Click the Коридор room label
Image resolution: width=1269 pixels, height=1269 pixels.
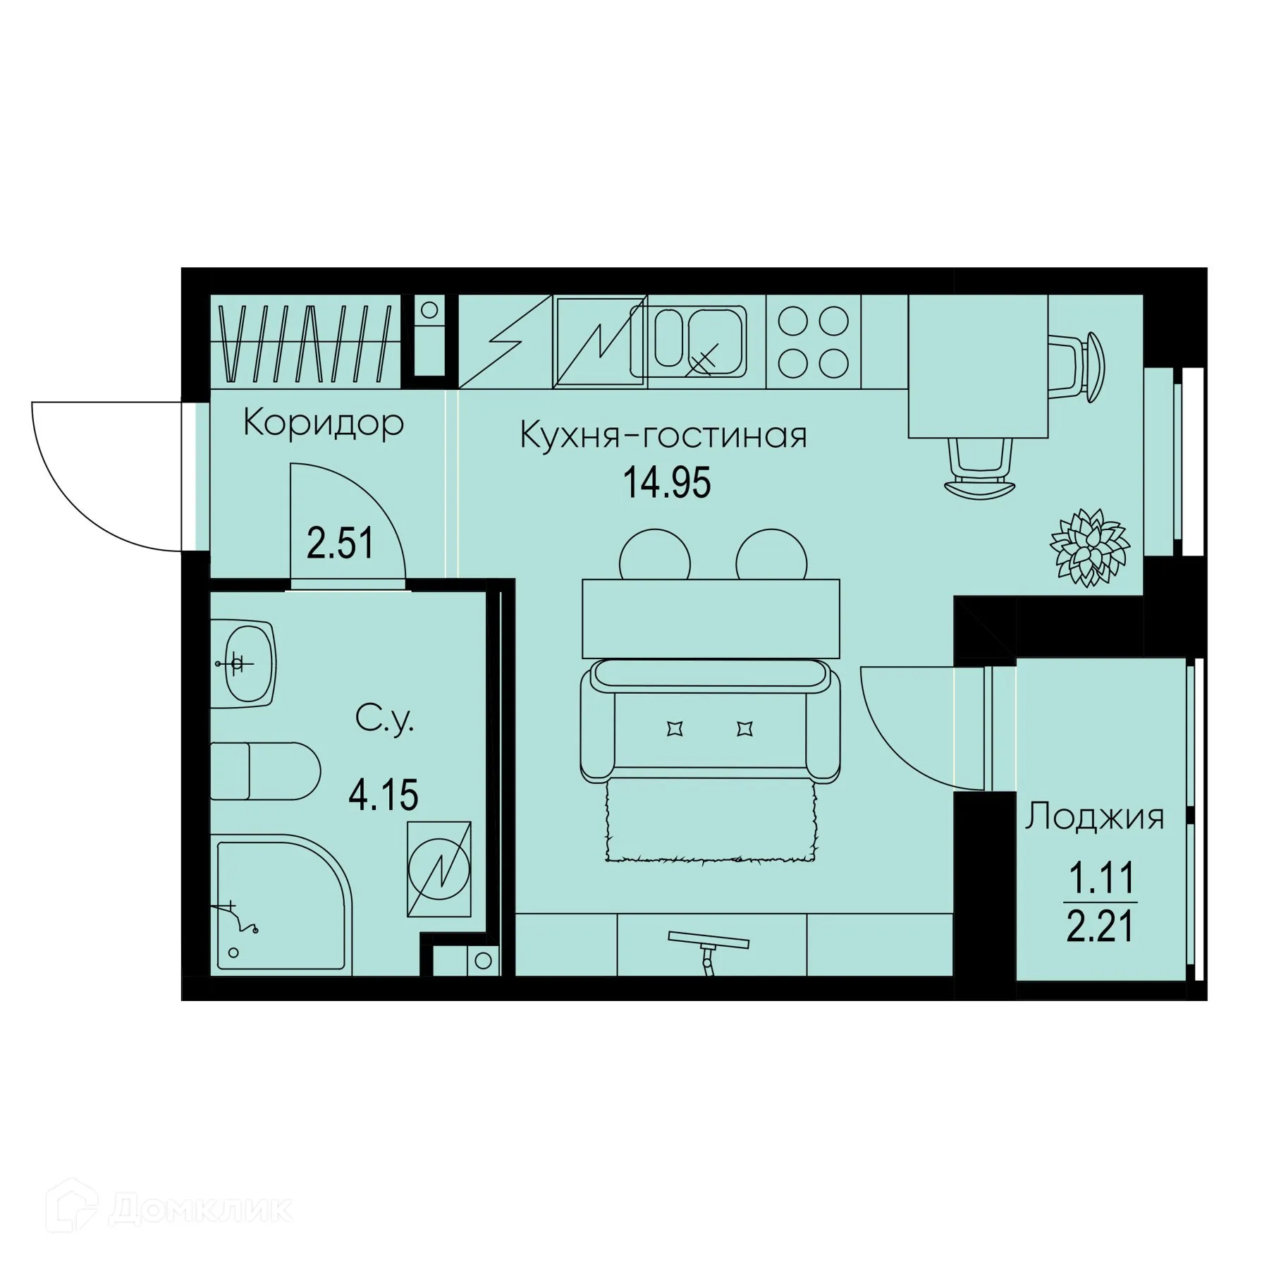click(324, 424)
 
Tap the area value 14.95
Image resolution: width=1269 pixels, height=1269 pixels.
click(666, 484)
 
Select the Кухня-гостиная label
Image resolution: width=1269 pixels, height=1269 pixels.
click(663, 436)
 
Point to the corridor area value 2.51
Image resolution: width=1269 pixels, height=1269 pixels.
click(340, 544)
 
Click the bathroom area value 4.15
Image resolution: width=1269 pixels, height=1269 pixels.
click(384, 795)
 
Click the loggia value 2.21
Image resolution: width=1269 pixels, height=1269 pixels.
click(1100, 926)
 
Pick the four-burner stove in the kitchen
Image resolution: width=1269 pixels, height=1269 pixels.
click(813, 341)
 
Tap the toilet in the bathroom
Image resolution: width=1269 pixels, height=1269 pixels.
click(266, 771)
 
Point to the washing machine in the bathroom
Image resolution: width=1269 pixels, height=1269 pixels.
click(439, 869)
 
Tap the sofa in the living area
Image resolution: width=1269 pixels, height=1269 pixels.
click(711, 721)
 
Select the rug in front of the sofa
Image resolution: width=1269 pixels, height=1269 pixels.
click(711, 821)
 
